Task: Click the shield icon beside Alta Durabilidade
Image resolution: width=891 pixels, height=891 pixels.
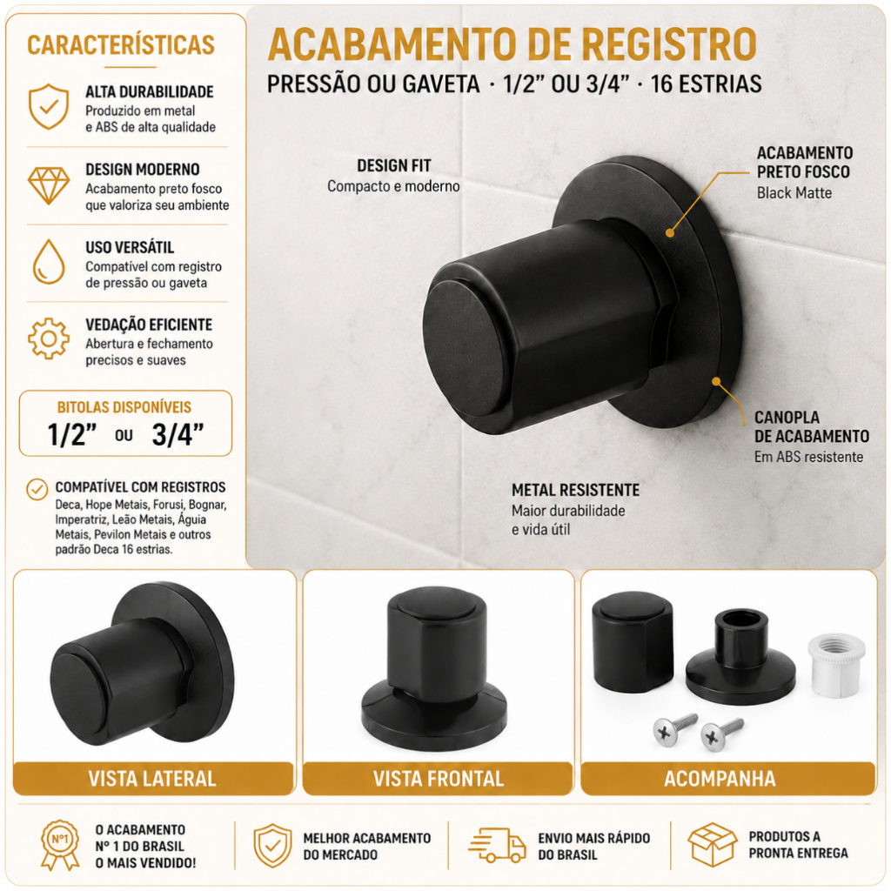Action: tap(49, 107)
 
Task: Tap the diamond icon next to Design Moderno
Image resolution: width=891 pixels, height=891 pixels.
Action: tap(49, 185)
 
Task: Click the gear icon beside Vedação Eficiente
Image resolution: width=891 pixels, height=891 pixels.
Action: tap(49, 338)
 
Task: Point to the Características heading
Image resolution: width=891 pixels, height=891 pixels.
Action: tap(121, 45)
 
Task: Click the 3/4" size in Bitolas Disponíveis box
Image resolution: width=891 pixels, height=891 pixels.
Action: tap(178, 435)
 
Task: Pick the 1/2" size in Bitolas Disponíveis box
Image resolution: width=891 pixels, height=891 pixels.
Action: tap(71, 435)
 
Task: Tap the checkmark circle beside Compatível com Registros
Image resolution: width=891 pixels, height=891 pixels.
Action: tap(37, 489)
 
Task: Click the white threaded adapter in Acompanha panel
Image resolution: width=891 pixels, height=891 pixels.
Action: tap(836, 665)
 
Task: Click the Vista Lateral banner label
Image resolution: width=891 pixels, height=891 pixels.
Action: tap(152, 779)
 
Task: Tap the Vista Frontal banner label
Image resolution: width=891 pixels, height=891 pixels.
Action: tap(439, 779)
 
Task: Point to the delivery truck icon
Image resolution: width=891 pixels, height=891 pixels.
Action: tap(497, 845)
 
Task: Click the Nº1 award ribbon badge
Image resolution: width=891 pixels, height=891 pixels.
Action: tap(60, 844)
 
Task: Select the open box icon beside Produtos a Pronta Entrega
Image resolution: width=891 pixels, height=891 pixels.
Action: tap(712, 844)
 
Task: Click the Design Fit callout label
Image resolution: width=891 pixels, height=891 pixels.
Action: tap(394, 166)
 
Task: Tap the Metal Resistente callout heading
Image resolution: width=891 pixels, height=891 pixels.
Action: tap(576, 490)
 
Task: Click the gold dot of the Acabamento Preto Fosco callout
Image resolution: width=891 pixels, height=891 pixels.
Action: tap(670, 232)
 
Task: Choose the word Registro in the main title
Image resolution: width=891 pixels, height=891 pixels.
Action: tap(669, 44)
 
